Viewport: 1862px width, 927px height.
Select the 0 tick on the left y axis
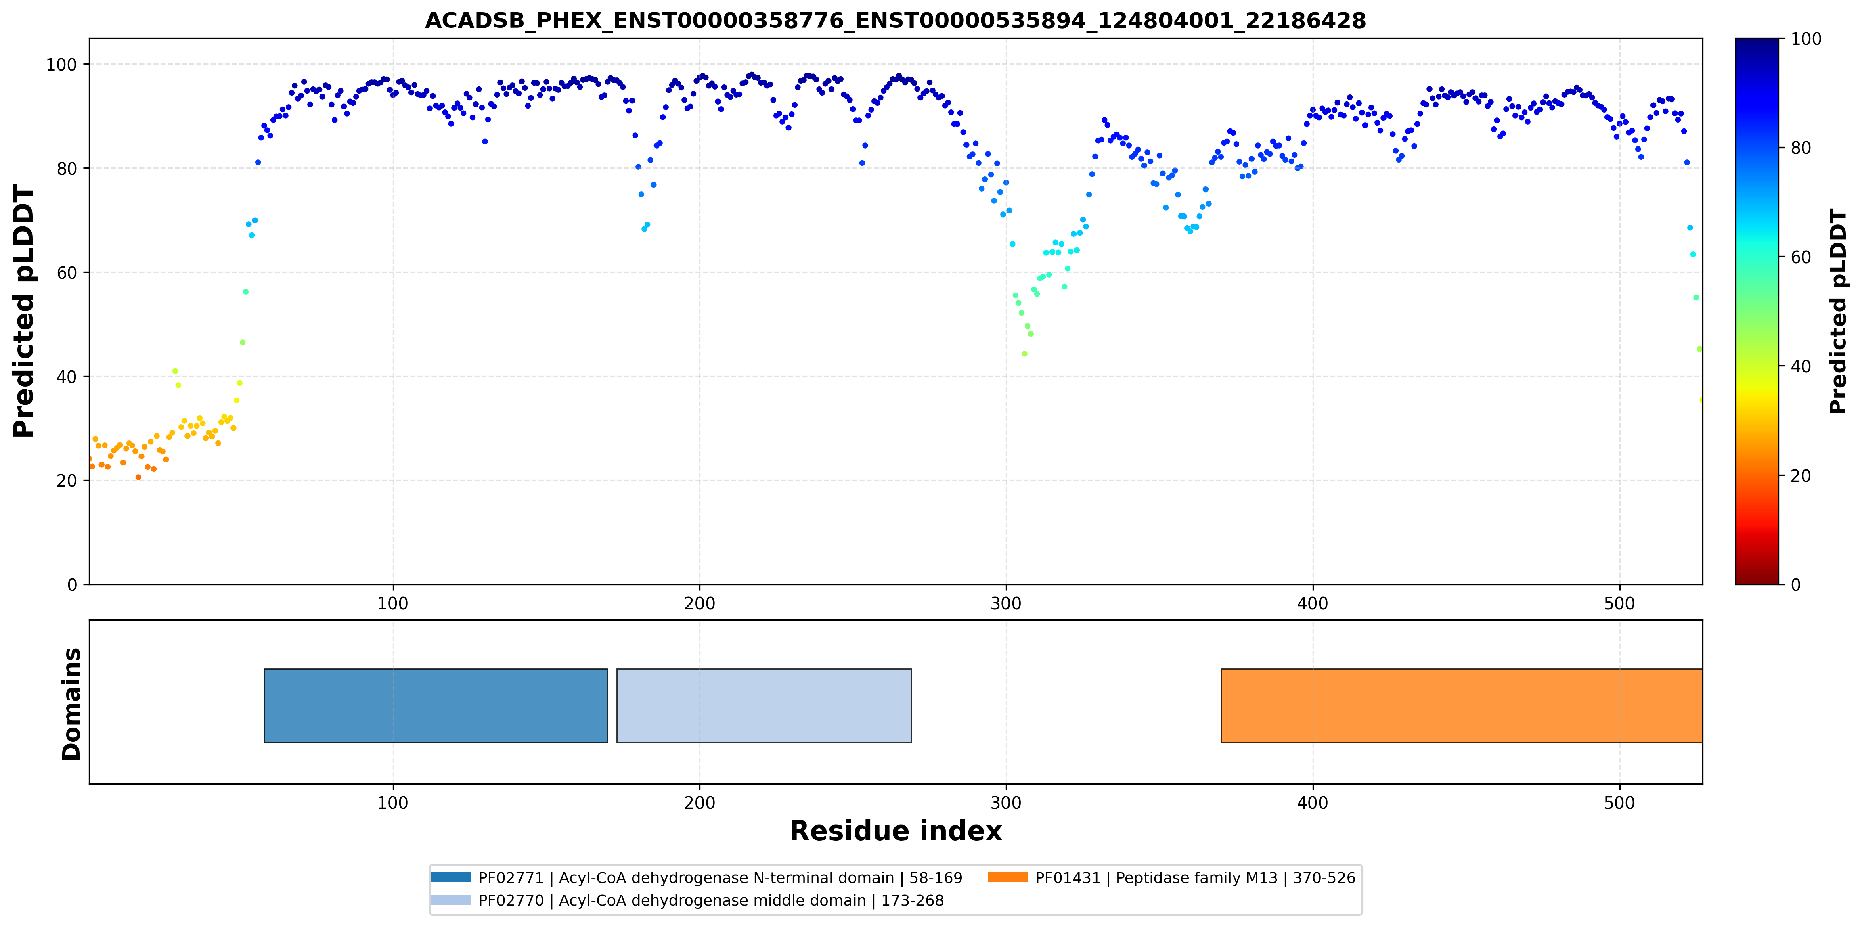(72, 584)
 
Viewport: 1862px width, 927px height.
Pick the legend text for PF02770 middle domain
(711, 900)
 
